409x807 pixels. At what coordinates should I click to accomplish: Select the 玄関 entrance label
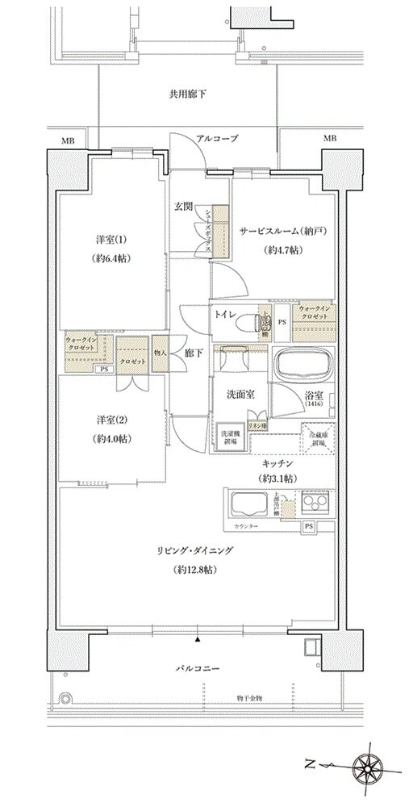tap(183, 206)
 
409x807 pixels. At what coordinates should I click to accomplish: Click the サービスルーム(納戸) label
tap(282, 232)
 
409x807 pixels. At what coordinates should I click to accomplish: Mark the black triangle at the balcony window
tap(197, 639)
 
